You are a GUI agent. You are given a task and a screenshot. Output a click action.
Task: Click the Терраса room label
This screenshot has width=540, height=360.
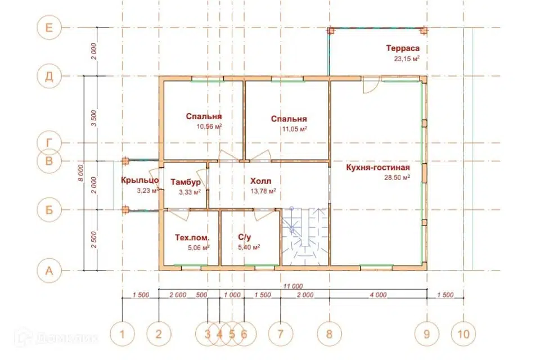click(x=403, y=48)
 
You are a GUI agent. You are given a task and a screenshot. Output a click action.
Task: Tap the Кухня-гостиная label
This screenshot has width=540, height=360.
click(x=378, y=168)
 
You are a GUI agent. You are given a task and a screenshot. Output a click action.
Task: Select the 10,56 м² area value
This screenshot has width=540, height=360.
click(x=209, y=127)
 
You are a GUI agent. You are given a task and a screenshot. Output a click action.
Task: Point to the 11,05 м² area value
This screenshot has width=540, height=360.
click(x=294, y=129)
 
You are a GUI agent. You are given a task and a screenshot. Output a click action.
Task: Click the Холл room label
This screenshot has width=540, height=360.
click(x=260, y=181)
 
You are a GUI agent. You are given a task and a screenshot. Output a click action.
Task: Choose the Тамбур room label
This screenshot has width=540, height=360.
click(x=186, y=182)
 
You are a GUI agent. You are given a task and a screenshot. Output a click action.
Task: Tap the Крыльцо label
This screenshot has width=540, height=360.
click(x=140, y=180)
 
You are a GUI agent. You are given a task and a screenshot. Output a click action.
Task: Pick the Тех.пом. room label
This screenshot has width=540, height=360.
click(x=192, y=238)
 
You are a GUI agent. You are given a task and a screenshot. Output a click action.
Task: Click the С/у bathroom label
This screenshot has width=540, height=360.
click(x=245, y=237)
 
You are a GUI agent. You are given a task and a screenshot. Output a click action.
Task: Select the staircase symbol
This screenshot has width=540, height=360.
click(x=305, y=237)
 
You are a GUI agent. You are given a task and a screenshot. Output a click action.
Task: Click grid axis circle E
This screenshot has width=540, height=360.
click(x=49, y=27)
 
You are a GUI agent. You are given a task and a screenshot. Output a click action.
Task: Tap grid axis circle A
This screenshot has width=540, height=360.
click(x=49, y=271)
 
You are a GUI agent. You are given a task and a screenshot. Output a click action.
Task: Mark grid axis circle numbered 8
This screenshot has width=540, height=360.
click(x=329, y=334)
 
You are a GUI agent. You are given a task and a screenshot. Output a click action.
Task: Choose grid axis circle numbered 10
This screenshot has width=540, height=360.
click(x=463, y=334)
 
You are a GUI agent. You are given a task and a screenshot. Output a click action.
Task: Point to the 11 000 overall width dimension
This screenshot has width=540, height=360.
click(x=293, y=286)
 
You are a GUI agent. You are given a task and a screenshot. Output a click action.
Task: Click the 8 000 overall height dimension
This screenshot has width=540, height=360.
click(x=80, y=173)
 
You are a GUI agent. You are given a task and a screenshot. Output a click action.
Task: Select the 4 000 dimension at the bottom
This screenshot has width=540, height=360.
click(x=378, y=295)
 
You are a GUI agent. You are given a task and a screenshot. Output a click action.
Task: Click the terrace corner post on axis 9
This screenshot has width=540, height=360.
click(x=424, y=31)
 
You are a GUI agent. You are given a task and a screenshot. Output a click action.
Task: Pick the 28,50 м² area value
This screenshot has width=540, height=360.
click(x=397, y=178)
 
